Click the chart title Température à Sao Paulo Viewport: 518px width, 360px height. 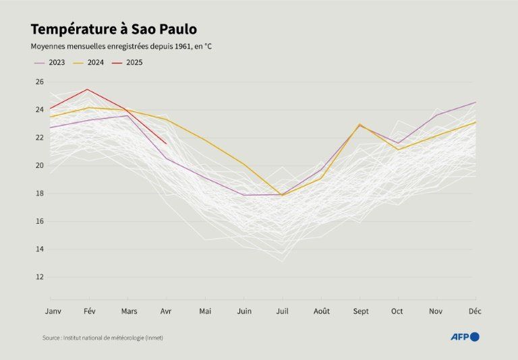114,29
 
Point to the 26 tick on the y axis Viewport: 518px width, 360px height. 39,82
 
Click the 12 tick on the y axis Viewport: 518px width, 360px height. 39,277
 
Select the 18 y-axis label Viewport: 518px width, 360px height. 39,193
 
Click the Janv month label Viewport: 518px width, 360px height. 53,311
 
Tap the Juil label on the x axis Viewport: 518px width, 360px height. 282,311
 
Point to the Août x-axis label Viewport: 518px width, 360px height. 321,311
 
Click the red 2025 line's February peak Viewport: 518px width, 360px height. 88,89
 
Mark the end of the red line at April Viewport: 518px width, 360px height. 166,143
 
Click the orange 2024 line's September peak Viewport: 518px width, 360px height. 359,125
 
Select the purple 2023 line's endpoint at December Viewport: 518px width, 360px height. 476,102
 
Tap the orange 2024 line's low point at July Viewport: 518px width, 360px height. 282,195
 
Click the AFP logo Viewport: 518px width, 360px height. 465,336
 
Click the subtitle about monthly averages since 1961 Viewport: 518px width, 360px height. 126,47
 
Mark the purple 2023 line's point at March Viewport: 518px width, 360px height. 127,115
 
